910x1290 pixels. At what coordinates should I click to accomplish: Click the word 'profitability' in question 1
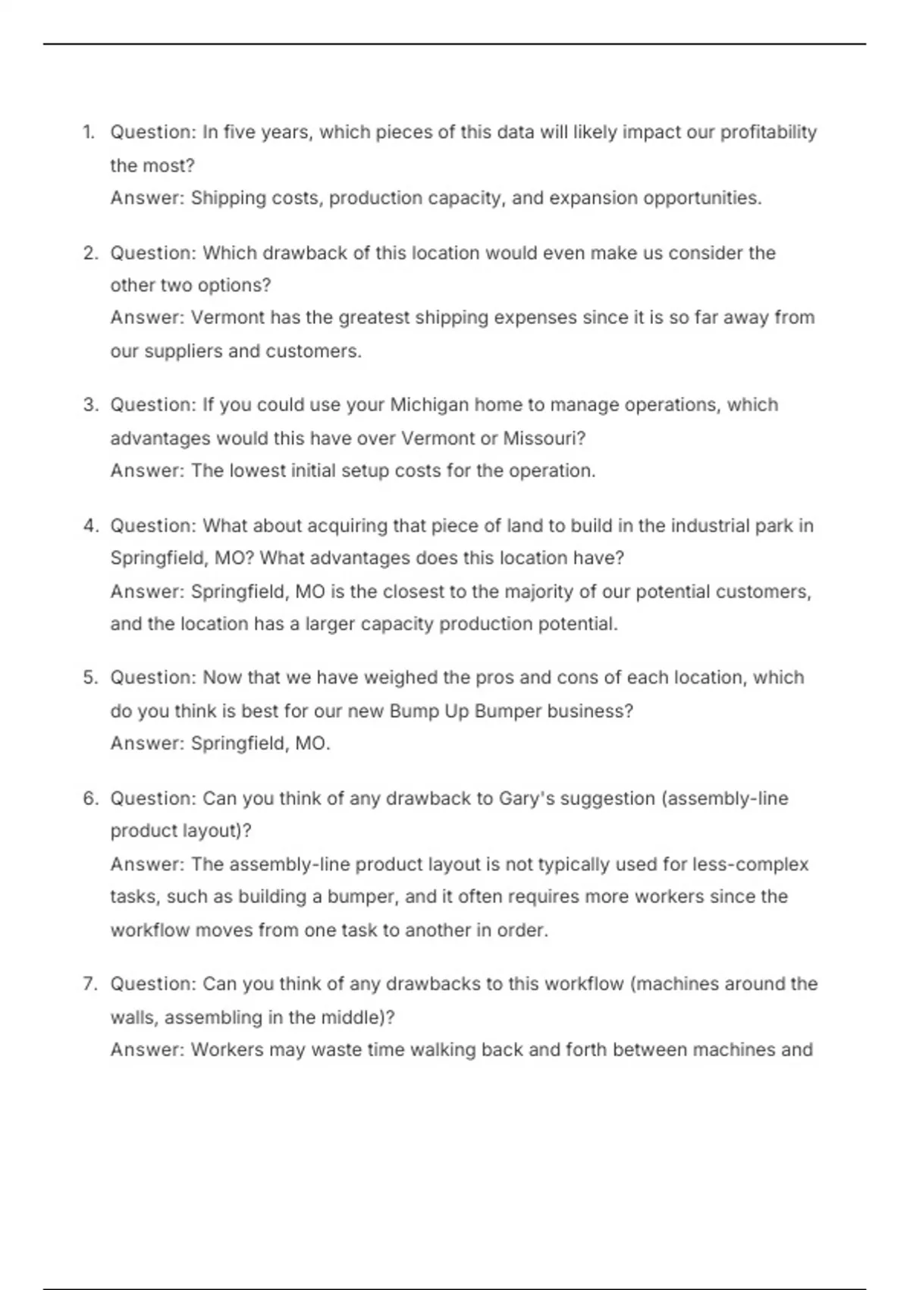(x=768, y=133)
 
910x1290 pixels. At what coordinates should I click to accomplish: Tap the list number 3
(x=91, y=405)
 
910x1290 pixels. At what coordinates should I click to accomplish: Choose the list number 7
(x=91, y=984)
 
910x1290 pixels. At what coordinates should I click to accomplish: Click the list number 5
(x=91, y=678)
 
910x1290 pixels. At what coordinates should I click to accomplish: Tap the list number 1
(x=89, y=133)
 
